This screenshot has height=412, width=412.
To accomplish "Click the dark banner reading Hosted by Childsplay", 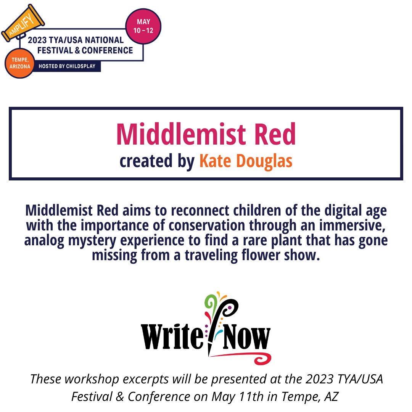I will coord(69,66).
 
